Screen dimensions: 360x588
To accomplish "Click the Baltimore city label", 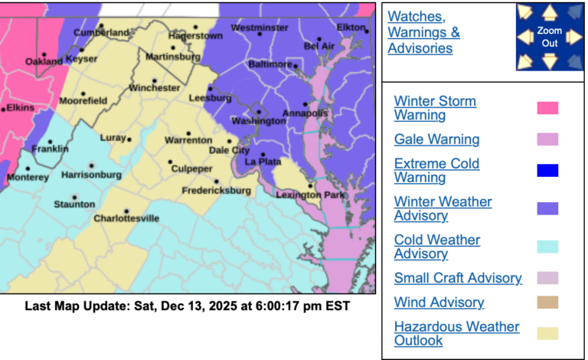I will [272, 64].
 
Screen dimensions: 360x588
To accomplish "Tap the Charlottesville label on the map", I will [126, 218].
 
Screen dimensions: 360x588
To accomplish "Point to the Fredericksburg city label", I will [217, 190].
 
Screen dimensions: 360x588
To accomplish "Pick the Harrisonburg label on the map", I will [90, 175].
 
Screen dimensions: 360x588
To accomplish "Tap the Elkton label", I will [351, 28].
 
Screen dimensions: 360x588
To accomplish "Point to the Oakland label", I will [44, 61].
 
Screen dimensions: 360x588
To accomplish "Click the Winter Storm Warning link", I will [435, 108].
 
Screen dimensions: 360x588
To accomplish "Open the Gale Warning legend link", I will [436, 139].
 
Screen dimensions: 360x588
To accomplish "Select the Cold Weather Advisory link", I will [436, 247].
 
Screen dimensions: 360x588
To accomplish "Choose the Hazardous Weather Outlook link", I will [456, 334].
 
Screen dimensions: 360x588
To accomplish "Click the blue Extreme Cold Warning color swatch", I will [547, 170].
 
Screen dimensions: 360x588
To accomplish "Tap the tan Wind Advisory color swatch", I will [547, 303].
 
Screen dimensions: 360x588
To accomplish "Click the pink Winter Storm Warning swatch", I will [547, 108].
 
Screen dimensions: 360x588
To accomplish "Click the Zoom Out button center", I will [549, 37].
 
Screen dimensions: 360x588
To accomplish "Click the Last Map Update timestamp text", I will [188, 306].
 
